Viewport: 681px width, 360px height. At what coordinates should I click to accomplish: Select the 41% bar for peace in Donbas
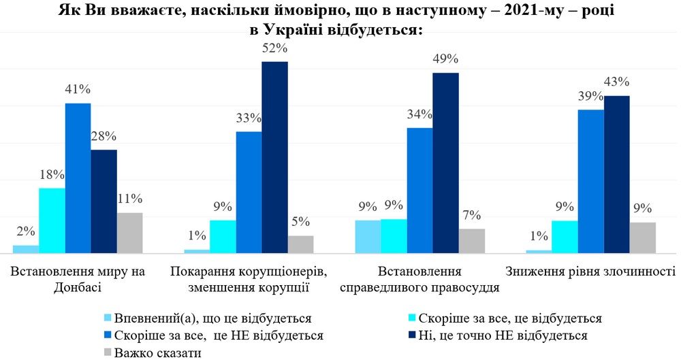click(x=78, y=178)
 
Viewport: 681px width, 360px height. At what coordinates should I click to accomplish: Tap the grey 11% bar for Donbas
click(x=129, y=232)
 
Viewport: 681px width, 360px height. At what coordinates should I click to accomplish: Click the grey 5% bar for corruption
click(x=300, y=244)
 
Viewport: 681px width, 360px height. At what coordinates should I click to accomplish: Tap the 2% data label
click(x=25, y=231)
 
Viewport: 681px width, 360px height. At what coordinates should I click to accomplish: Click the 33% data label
click(x=249, y=118)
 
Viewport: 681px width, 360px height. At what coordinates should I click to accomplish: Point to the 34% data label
click(x=419, y=114)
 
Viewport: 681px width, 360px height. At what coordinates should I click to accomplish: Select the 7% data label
click(x=471, y=215)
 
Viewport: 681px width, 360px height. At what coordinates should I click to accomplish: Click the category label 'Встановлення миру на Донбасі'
click(x=78, y=279)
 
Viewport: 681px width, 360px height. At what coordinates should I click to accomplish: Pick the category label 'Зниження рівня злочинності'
click(x=590, y=272)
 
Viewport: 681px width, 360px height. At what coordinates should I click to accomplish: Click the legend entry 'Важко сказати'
click(x=153, y=352)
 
